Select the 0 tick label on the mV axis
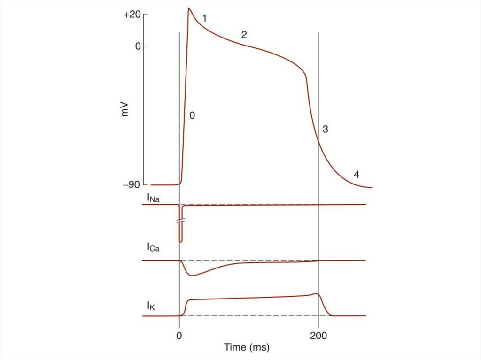tap(138, 46)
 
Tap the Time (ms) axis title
tap(247, 347)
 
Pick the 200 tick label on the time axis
tap(318, 336)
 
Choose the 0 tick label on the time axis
tap(179, 336)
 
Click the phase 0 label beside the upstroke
tap(192, 115)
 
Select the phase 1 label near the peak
tap(204, 19)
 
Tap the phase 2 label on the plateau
tap(244, 35)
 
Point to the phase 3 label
tap(325, 129)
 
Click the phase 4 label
tap(357, 175)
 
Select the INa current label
tap(153, 199)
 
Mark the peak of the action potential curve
tap(189, 8)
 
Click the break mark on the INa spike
tap(181, 220)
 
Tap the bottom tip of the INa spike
tap(181, 241)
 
